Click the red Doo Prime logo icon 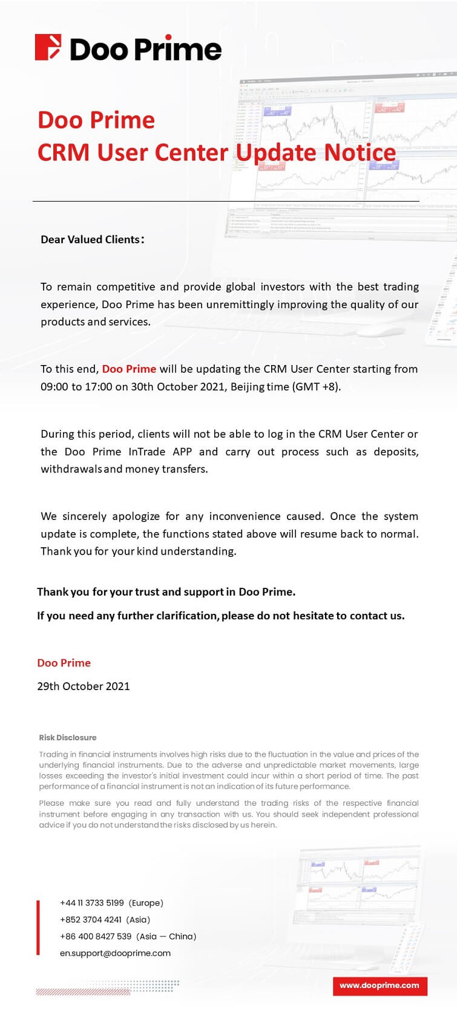48,47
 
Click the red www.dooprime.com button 380,985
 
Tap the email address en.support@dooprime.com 115,953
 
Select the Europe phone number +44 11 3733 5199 92,903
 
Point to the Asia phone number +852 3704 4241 91,920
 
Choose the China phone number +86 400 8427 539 96,936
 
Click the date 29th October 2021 84,686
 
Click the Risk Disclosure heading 68,737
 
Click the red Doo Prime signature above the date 64,663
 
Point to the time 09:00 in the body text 54,386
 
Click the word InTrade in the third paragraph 142,452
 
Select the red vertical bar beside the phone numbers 39,927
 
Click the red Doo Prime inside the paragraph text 129,369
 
